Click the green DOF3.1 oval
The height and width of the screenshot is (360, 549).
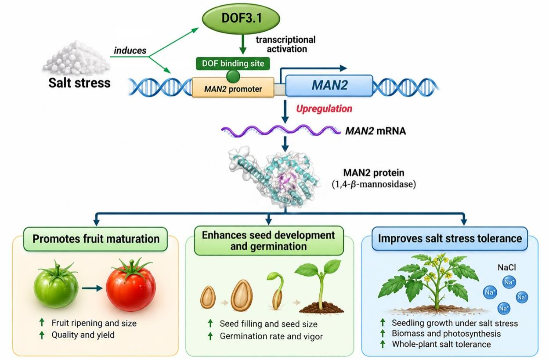[x=241, y=18]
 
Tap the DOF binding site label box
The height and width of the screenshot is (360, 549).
[x=233, y=64]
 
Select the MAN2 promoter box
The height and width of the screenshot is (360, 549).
[x=233, y=87]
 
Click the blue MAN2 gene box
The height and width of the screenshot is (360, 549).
[x=329, y=85]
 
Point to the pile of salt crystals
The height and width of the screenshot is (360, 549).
[x=76, y=58]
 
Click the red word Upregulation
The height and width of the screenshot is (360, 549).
[x=324, y=108]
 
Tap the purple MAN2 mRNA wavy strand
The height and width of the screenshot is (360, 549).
[x=281, y=130]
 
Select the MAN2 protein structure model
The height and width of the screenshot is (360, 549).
[x=273, y=177]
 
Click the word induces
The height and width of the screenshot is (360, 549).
[x=130, y=50]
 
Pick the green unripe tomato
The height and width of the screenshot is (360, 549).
[x=56, y=287]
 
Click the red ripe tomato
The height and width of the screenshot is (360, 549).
[x=131, y=285]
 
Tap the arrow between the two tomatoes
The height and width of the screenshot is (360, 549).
[x=92, y=288]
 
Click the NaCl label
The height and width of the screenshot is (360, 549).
[x=506, y=267]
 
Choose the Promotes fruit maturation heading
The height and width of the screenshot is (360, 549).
[x=96, y=239]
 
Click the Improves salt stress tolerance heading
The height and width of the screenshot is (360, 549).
[x=450, y=238]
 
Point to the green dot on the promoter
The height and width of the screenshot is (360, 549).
[x=233, y=76]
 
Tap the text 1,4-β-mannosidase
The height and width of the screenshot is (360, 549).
[x=374, y=184]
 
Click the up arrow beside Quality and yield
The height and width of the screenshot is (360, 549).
[x=42, y=335]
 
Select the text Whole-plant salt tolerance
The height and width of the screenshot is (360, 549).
[x=441, y=344]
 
